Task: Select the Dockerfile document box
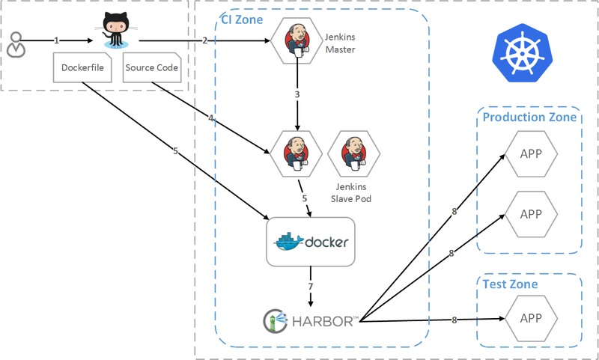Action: coord(82,68)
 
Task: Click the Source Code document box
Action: coord(151,68)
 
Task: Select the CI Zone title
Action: coord(242,19)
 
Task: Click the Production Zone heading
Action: coord(529,118)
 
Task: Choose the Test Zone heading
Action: coord(509,284)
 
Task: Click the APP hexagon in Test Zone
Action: coord(530,318)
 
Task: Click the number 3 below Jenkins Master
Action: coord(297,95)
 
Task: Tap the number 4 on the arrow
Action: coord(211,118)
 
